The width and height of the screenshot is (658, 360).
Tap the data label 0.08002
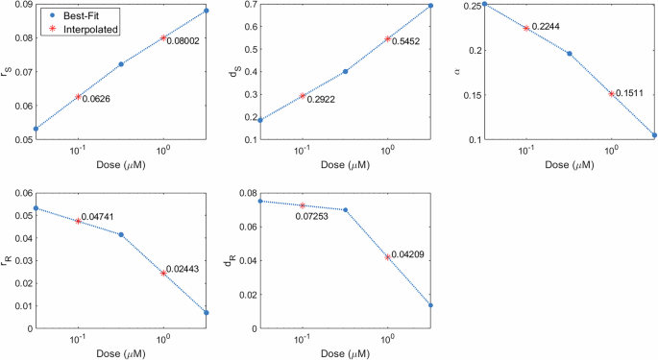183,41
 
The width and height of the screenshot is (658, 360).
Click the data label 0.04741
99,217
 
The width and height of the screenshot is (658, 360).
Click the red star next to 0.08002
163,37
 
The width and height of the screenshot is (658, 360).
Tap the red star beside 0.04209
388,257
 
